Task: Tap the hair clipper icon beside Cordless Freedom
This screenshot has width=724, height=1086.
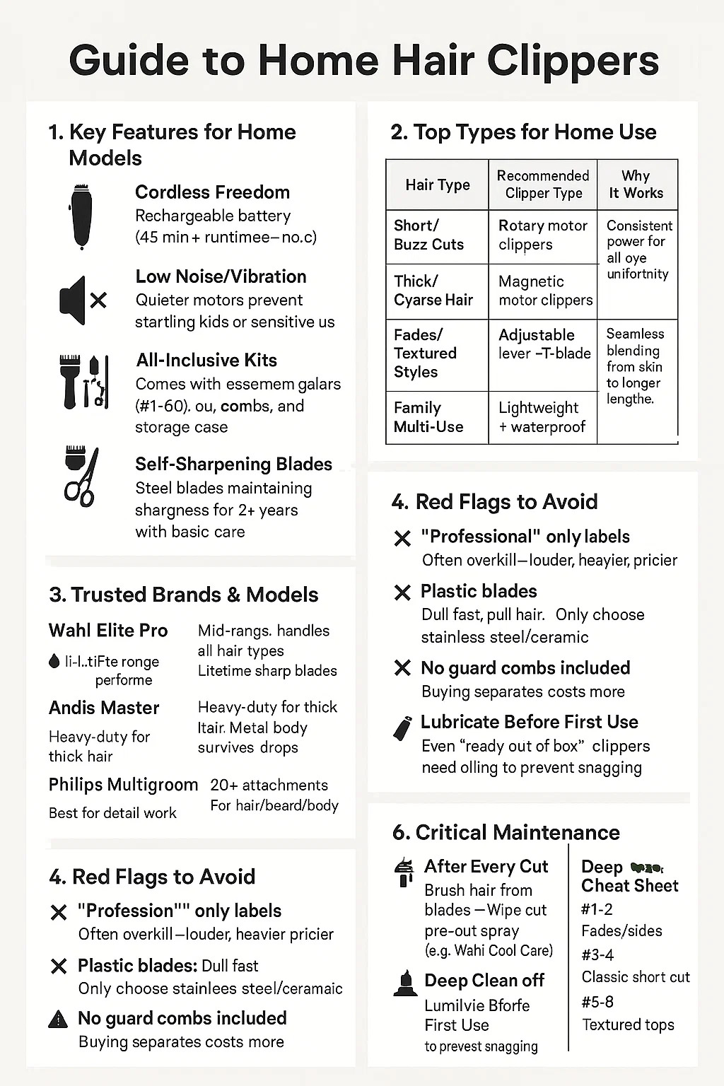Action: [x=82, y=216]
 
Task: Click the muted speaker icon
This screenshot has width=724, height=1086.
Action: [x=82, y=300]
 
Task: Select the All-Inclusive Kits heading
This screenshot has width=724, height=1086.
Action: [x=206, y=360]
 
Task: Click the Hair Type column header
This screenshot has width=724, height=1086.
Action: [x=437, y=185]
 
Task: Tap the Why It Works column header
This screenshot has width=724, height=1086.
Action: [x=636, y=185]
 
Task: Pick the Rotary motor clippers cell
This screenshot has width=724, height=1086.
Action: [x=542, y=235]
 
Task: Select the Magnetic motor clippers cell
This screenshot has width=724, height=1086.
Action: [x=544, y=291]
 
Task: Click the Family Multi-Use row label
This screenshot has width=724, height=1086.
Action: [x=428, y=417]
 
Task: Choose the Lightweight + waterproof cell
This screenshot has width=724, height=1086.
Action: [x=542, y=417]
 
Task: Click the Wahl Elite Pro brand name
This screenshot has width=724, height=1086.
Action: [x=108, y=630]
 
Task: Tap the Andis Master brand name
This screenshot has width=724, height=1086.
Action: [x=104, y=708]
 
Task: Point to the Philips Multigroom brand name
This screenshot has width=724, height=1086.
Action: [x=123, y=785]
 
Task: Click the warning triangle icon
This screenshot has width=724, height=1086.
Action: [x=58, y=1019]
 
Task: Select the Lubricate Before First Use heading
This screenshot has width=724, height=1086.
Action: [x=529, y=722]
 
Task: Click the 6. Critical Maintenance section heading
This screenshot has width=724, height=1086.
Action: [x=506, y=832]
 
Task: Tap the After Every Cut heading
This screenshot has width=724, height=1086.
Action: [x=486, y=866]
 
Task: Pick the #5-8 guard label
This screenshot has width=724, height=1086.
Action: [x=597, y=1001]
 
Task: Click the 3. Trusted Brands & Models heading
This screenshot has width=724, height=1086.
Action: [x=184, y=595]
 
